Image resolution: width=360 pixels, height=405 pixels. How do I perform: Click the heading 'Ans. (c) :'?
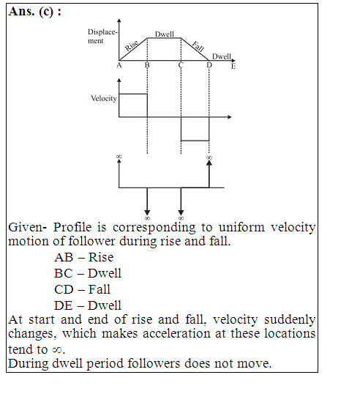click(x=35, y=12)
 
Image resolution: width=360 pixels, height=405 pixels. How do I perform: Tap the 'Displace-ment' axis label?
click(x=102, y=37)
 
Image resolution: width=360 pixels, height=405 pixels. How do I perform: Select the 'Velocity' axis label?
click(x=104, y=98)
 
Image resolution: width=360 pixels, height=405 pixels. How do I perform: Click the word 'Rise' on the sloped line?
click(x=132, y=45)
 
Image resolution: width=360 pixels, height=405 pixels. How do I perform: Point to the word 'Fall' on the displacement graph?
click(x=198, y=46)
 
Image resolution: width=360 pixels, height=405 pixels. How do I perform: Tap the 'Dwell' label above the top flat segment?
click(x=165, y=34)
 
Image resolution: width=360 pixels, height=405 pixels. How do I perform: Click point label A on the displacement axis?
click(x=119, y=65)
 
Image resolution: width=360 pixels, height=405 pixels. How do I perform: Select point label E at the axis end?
click(x=233, y=67)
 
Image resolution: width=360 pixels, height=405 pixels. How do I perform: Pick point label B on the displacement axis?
click(x=147, y=65)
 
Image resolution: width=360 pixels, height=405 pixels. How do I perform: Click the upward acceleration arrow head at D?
click(x=209, y=163)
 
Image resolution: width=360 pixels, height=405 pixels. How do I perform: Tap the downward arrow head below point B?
click(x=147, y=212)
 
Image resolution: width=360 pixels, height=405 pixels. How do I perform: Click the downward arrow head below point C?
click(x=181, y=212)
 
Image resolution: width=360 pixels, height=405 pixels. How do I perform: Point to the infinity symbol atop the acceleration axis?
click(x=119, y=157)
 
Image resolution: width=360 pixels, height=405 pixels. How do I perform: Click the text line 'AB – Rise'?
click(x=84, y=257)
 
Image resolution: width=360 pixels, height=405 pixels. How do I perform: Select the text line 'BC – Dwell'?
click(x=88, y=273)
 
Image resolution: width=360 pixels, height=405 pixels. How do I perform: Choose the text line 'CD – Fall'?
click(x=82, y=289)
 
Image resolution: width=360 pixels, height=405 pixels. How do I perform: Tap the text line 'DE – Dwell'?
click(x=88, y=305)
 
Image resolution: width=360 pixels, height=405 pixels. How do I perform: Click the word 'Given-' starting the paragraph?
click(x=27, y=227)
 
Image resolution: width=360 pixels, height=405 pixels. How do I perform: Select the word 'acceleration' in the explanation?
click(x=177, y=333)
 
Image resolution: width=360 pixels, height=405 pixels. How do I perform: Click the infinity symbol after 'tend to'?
click(x=57, y=350)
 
